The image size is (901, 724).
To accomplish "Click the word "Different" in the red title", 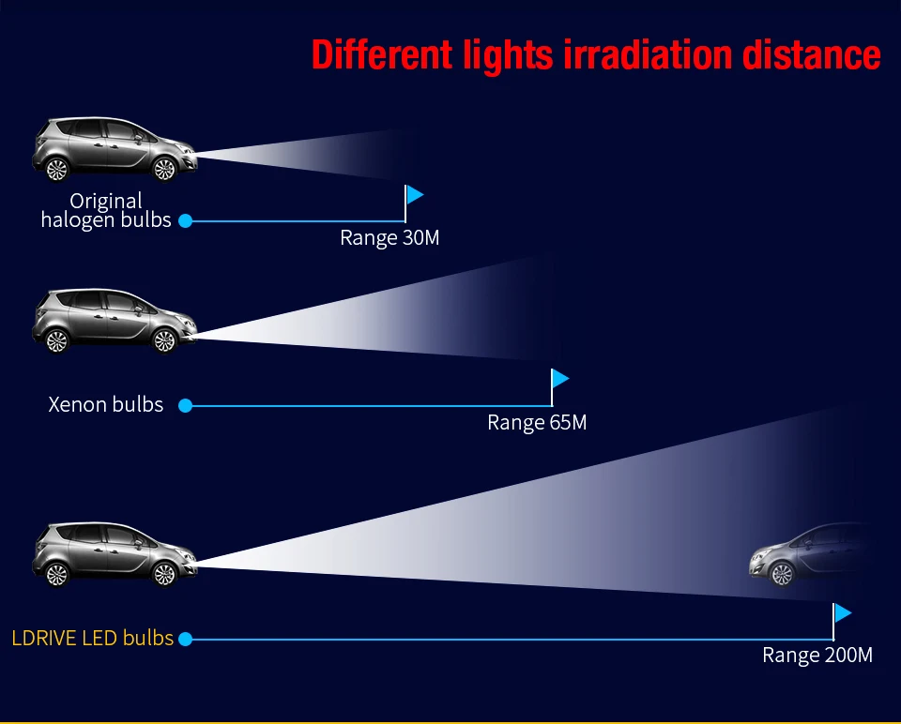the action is (x=382, y=55).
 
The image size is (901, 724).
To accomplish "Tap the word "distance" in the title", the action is (x=811, y=55).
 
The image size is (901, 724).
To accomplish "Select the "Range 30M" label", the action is (x=389, y=237).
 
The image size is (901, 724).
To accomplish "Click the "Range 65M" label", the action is (x=537, y=423).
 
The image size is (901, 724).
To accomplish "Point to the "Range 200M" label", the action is (x=817, y=656).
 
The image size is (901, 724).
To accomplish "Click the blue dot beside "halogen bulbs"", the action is (x=185, y=221).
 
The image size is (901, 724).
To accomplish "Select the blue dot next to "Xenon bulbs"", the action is (x=185, y=406).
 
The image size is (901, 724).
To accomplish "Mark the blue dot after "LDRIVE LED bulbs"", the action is (x=185, y=639).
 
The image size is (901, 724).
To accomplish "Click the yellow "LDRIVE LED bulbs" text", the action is (x=93, y=639).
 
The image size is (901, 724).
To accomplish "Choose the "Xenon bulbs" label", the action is (x=106, y=405).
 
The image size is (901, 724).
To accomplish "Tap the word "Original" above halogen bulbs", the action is (x=106, y=201).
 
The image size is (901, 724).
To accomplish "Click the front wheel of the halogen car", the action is (x=164, y=169).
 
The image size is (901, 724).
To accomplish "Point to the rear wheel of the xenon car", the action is (x=57, y=341).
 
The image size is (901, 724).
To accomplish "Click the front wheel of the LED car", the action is (x=164, y=575).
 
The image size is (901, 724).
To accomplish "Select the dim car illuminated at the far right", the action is (x=810, y=554).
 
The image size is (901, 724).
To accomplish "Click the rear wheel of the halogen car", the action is (x=57, y=170).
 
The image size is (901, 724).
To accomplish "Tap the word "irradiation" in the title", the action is (x=648, y=55).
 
